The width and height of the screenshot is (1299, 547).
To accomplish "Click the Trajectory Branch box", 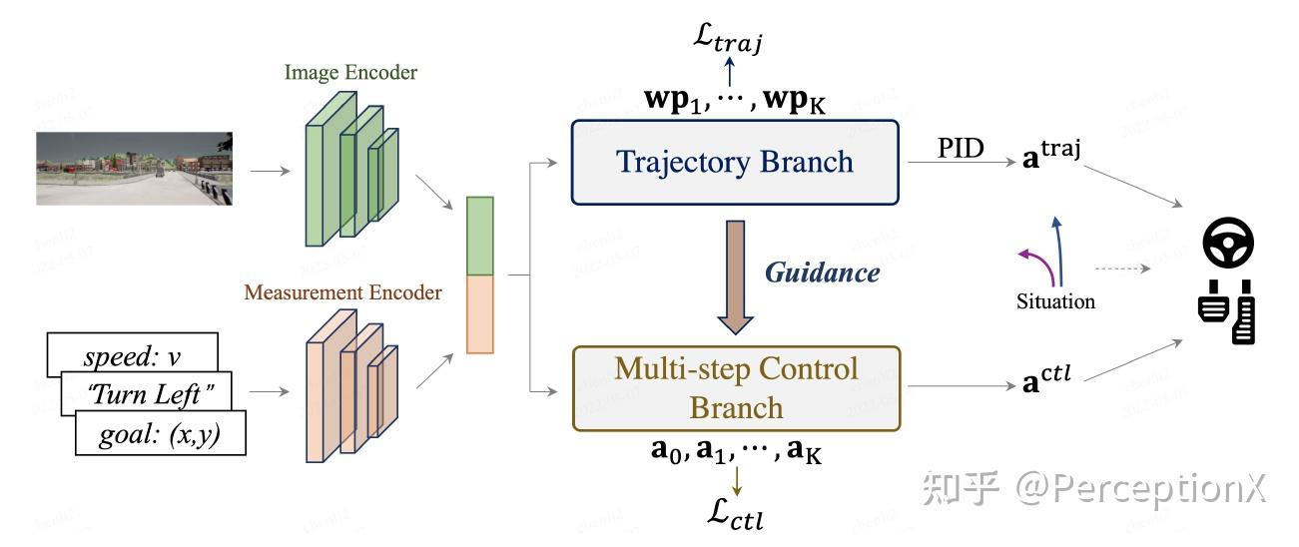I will (734, 162).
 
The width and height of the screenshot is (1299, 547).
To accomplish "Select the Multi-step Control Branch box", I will (734, 387).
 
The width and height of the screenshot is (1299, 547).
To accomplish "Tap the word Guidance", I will (823, 273).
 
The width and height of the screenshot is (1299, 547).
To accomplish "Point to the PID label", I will (961, 148).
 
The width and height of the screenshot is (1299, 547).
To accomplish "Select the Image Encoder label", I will (350, 72).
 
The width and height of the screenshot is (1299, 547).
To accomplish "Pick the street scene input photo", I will (135, 169).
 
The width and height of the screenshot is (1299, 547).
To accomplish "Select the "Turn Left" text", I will (152, 396).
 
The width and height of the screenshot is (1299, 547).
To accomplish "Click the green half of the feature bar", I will (479, 237).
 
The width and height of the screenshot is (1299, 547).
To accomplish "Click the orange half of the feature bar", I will (479, 314).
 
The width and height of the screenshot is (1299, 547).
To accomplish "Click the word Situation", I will (1055, 300).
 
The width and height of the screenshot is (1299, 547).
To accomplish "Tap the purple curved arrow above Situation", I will (1033, 263).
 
